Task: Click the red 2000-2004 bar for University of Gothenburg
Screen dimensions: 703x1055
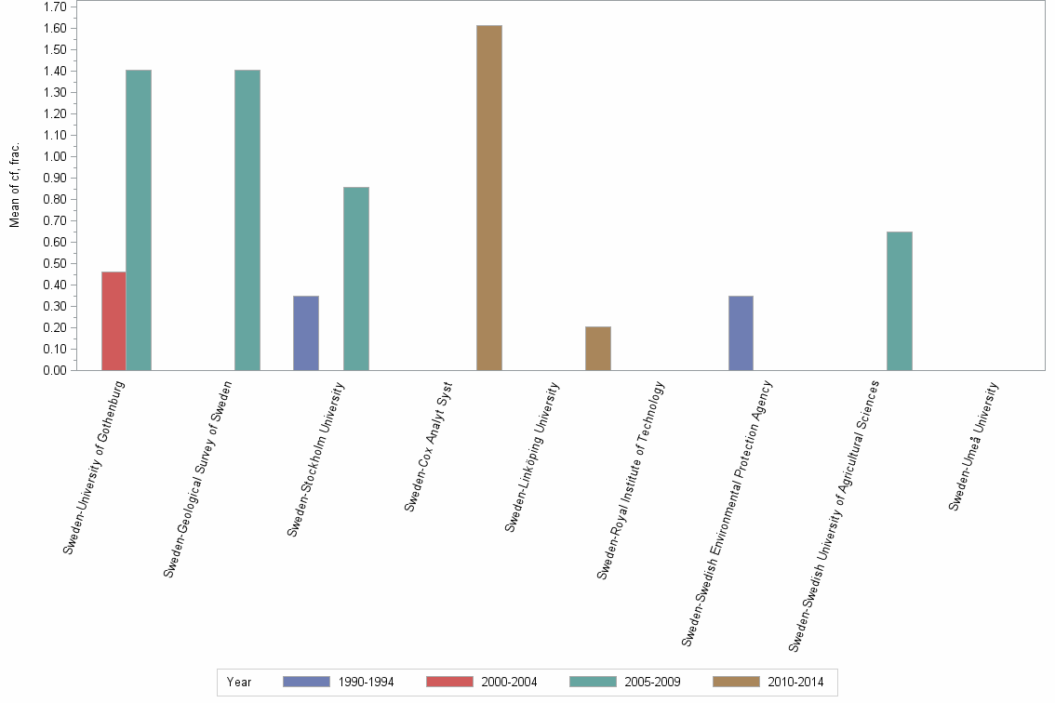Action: (114, 321)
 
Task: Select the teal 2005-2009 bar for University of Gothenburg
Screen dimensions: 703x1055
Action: (139, 220)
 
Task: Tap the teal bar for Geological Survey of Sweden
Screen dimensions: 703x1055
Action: (247, 220)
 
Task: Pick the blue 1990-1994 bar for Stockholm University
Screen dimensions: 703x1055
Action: (306, 333)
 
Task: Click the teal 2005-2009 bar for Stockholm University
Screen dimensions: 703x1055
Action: (356, 279)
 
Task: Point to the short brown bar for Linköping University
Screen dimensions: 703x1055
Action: (598, 349)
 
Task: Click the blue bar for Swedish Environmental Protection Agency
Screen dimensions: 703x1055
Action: (741, 333)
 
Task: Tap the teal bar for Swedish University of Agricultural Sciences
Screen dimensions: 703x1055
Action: (900, 301)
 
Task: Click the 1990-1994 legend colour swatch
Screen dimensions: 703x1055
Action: (306, 682)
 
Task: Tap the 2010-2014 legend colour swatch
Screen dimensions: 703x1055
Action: (736, 682)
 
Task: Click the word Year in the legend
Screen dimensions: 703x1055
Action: (239, 682)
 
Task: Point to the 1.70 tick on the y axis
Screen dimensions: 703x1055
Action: (54, 7)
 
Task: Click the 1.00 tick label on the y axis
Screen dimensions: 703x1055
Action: (54, 156)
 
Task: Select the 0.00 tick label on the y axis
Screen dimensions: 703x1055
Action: (54, 370)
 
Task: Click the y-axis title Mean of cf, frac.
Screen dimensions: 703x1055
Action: (15, 185)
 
